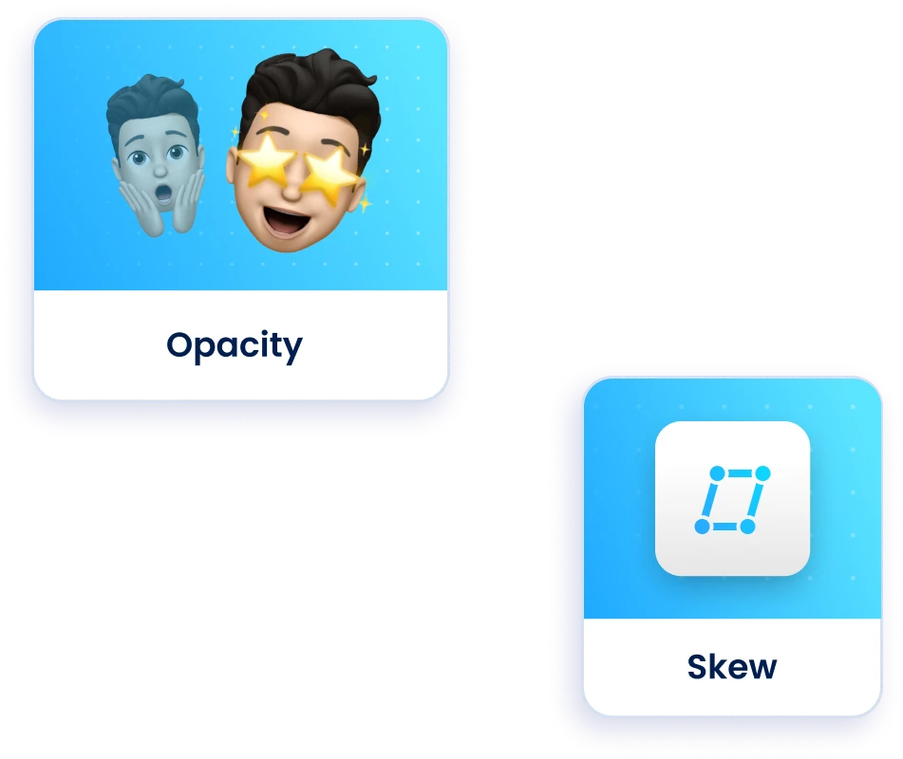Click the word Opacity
point(235,345)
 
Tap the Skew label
point(731,666)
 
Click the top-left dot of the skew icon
point(717,473)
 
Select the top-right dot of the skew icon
point(762,473)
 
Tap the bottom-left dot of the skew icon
point(702,527)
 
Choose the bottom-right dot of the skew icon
point(747,527)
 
